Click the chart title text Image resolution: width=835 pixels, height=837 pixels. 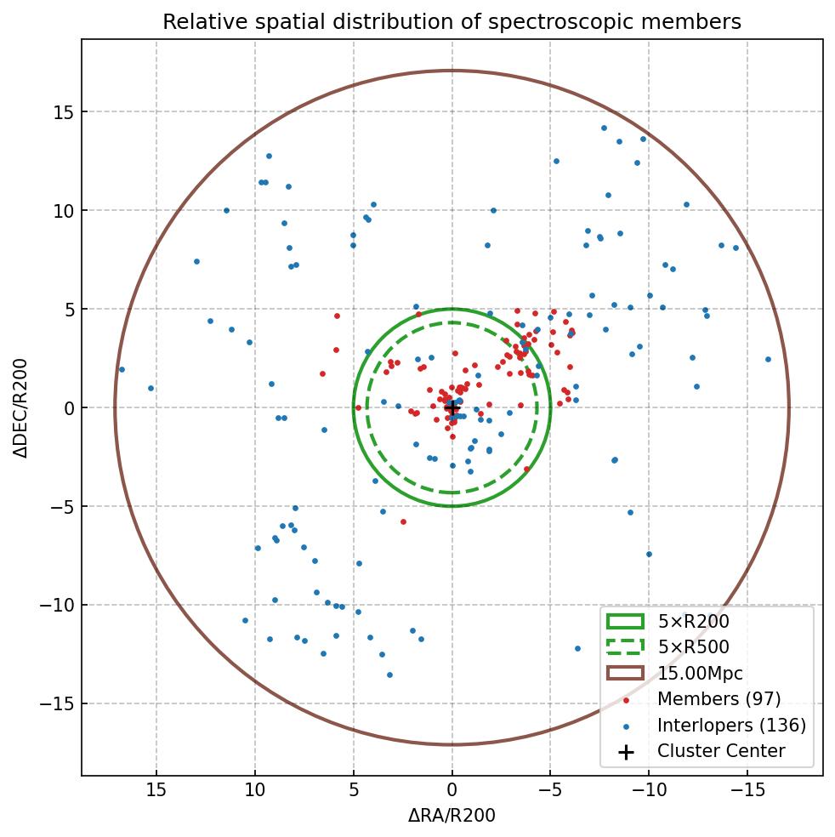[452, 21]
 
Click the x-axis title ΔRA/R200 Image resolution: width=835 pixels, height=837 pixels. [452, 816]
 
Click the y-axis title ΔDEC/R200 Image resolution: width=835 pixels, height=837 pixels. [20, 408]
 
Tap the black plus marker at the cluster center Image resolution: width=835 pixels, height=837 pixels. [452, 408]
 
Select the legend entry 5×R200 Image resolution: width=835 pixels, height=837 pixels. [693, 622]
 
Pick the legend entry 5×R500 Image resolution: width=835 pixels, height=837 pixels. [693, 647]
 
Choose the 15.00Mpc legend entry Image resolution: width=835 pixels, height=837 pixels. [700, 674]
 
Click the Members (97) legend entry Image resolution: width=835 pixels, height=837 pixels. [719, 699]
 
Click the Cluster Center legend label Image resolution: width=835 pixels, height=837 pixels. [721, 751]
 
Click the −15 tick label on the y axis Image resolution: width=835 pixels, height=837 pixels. [56, 704]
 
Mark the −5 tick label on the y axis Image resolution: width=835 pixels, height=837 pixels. [60, 507]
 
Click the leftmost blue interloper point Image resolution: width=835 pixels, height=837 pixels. [122, 369]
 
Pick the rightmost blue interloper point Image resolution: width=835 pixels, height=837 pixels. [768, 359]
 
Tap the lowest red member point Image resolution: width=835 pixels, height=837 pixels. [403, 521]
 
